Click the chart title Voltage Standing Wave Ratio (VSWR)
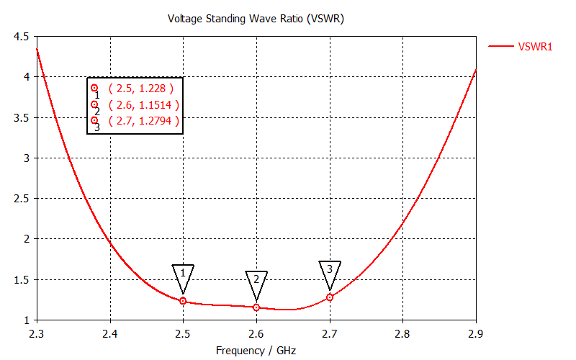click(x=256, y=19)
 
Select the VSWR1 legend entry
click(x=535, y=47)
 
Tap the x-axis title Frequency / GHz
click(x=256, y=351)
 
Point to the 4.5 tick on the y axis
click(x=22, y=36)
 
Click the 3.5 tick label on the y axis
click(x=22, y=117)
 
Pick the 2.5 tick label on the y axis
click(x=22, y=199)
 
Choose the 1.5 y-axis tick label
click(x=22, y=280)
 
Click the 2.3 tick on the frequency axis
click(x=37, y=333)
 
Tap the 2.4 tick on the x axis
click(x=110, y=333)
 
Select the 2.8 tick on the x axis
click(x=402, y=333)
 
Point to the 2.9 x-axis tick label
click(x=476, y=333)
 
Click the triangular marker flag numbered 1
click(x=183, y=274)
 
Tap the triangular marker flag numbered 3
click(x=330, y=271)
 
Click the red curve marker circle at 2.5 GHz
click(x=183, y=301)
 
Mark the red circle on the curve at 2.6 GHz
click(x=256, y=307)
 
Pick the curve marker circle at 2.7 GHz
click(x=330, y=297)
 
